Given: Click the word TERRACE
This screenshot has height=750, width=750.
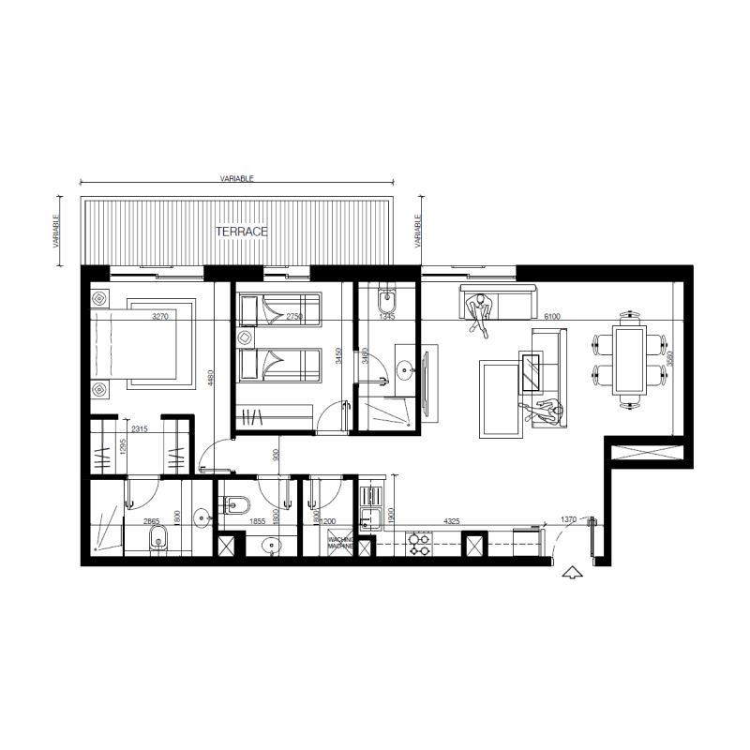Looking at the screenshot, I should click(x=243, y=231).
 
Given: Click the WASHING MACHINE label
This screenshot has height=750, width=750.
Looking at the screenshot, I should click(x=339, y=543).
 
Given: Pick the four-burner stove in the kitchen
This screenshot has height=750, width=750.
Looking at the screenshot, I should click(x=417, y=543).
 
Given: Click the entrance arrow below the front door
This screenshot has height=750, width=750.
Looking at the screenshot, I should click(x=569, y=574).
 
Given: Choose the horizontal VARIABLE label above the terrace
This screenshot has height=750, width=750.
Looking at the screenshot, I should click(x=236, y=177).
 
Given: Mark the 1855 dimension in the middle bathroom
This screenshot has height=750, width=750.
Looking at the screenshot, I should click(x=257, y=521).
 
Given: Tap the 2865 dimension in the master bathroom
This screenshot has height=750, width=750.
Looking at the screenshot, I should click(x=152, y=521).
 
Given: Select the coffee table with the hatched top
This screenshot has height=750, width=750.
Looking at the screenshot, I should click(x=532, y=371).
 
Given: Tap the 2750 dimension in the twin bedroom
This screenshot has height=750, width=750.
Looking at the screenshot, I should click(x=296, y=317).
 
